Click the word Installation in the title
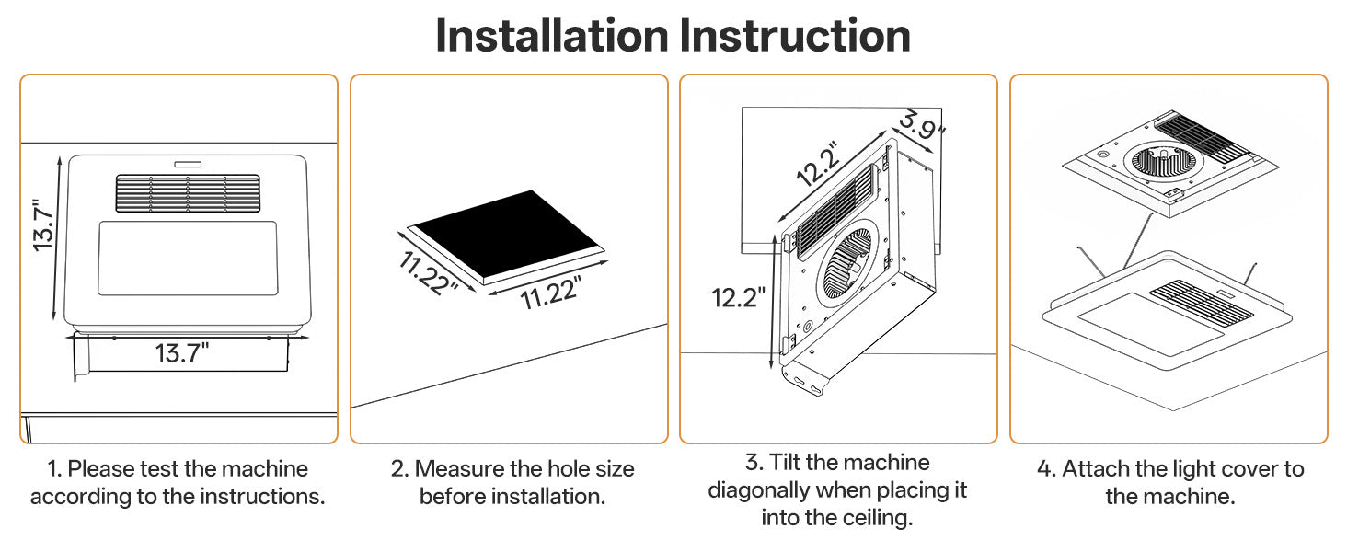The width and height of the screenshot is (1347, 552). coord(552,36)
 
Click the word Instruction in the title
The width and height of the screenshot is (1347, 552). coord(795,36)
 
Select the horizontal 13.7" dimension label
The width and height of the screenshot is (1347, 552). coord(180,351)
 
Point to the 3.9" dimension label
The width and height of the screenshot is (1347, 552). coord(922,125)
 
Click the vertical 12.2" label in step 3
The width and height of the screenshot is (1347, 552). coord(739,297)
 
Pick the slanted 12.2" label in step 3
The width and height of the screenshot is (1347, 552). coord(818,164)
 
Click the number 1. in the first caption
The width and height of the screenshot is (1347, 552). coord(54,469)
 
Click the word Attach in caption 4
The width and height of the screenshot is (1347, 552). coord(1095,469)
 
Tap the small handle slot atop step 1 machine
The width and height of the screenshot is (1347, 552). coord(188,163)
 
